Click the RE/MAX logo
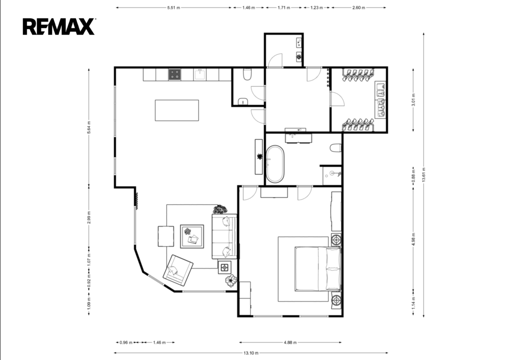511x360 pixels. pos(59,26)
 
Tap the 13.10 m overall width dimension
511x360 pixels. pos(251,353)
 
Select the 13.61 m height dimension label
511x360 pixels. pos(424,175)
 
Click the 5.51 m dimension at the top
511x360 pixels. pos(173,7)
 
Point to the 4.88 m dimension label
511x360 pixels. pos(290,343)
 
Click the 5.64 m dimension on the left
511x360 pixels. pos(89,127)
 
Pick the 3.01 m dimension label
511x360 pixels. pos(413,100)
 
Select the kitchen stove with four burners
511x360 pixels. pos(175,75)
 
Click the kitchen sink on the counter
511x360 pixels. pos(200,75)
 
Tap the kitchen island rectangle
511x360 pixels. pos(177,110)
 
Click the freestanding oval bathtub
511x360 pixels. pos(275,164)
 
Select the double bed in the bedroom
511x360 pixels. pos(318,269)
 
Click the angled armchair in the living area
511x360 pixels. pos(178,270)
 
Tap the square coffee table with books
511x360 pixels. pos(192,236)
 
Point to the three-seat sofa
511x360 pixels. pos(225,236)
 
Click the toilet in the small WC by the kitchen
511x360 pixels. pos(248,75)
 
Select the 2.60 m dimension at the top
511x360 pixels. pos(358,7)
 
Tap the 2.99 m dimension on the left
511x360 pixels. pos(89,218)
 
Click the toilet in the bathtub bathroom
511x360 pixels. pos(335,148)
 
